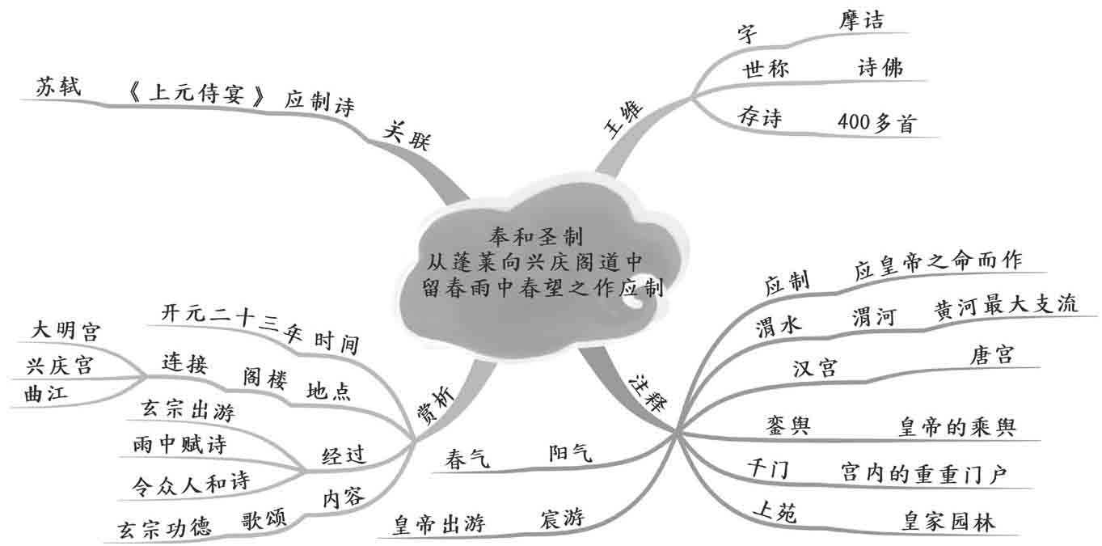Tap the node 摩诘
pyautogui.click(x=859, y=20)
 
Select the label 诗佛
pyautogui.click(x=879, y=68)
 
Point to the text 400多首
pyautogui.click(x=877, y=122)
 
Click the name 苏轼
pyautogui.click(x=58, y=87)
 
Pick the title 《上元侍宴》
pyautogui.click(x=196, y=96)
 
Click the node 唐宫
pyautogui.click(x=990, y=354)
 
